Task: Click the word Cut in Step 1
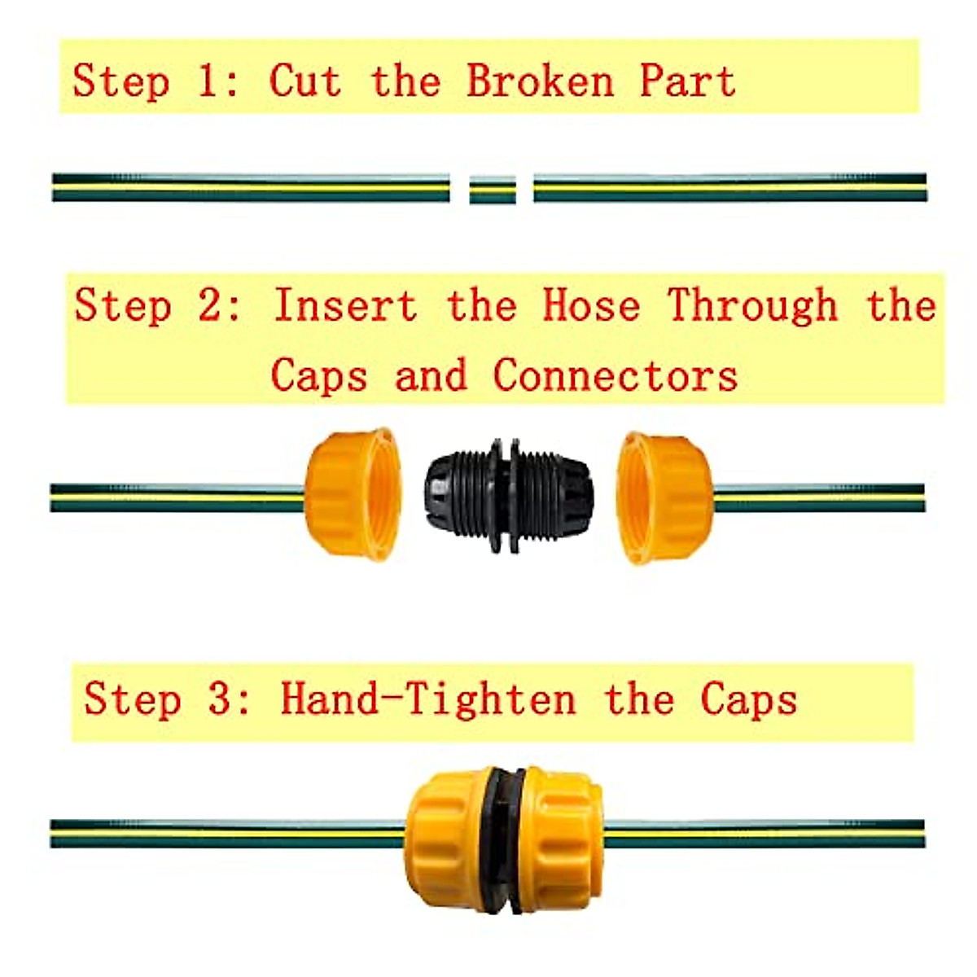(x=304, y=81)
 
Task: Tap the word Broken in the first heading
(x=540, y=81)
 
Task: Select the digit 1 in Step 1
(x=206, y=81)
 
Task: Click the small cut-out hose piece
(x=493, y=190)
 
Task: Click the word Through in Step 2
(x=752, y=306)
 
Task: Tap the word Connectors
(x=616, y=375)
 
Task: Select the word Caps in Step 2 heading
(x=318, y=375)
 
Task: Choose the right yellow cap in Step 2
(x=664, y=497)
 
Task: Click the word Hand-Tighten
(x=427, y=699)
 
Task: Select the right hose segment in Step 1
(x=729, y=187)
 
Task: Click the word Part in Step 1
(x=687, y=81)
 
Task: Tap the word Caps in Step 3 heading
(x=748, y=699)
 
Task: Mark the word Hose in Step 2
(x=591, y=306)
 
